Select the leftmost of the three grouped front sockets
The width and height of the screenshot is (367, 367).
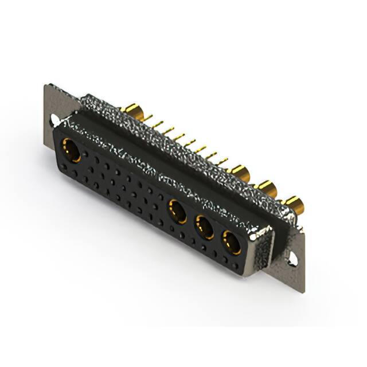coord(178,210)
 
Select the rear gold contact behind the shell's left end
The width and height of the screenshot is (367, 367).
coord(134,109)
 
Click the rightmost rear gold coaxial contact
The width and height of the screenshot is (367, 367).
coord(294,203)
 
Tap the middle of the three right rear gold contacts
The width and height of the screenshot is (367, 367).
coord(266,187)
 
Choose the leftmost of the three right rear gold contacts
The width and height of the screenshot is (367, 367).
coord(240,171)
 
